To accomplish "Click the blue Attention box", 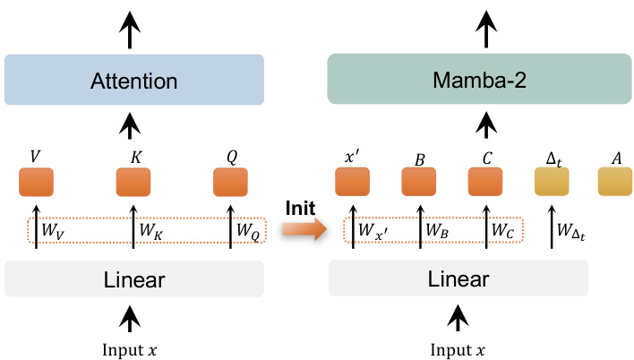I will point(133,81).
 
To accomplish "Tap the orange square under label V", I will point(36,182).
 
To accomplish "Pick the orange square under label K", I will point(133,182).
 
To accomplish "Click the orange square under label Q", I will point(230,182).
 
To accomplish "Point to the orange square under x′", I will point(352,182).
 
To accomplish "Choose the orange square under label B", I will point(418,182).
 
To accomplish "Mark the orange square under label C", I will point(485,182).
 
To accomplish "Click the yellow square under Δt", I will point(552,182).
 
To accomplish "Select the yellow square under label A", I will point(615,182).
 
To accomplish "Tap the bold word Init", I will point(300,207).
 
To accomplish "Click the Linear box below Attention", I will point(133,279).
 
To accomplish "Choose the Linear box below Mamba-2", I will point(458,279).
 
